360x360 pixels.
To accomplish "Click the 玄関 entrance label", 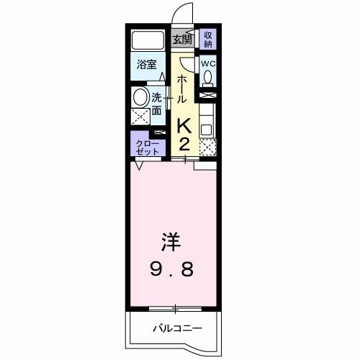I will [x=183, y=39].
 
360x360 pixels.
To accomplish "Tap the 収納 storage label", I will [x=207, y=39].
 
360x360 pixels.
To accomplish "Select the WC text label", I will [x=207, y=63].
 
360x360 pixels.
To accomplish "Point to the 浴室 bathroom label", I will [x=147, y=64].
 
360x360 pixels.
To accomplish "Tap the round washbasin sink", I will [x=140, y=97].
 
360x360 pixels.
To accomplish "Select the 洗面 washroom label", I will [x=157, y=102].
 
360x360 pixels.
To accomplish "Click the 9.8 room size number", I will [x=171, y=271].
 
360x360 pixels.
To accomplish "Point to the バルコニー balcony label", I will [x=176, y=329].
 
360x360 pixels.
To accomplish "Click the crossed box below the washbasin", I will [x=140, y=114].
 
